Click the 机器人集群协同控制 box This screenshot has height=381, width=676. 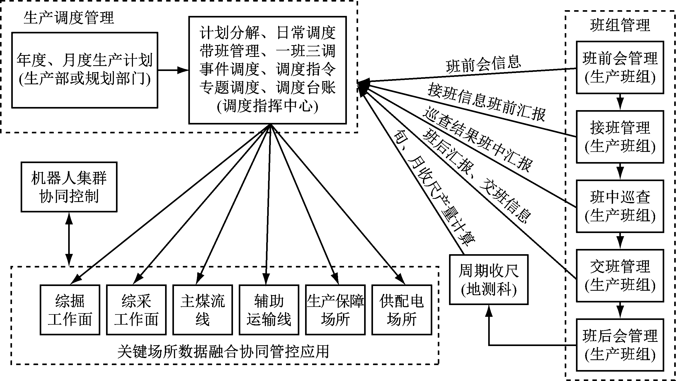(x=69, y=187)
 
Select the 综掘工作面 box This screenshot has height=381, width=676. (x=70, y=310)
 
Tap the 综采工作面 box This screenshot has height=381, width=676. (x=136, y=310)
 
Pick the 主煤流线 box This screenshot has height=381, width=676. (x=203, y=310)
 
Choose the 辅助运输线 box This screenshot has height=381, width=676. (x=269, y=310)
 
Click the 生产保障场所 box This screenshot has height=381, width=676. (x=335, y=310)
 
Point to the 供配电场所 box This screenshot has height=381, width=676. (x=402, y=310)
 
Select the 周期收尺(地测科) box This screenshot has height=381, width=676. (x=489, y=279)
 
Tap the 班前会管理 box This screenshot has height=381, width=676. (x=620, y=67)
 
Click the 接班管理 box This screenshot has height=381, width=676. (x=620, y=137)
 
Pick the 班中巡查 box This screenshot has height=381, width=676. (x=620, y=206)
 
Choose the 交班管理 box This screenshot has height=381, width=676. (x=620, y=275)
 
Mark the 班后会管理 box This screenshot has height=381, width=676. (x=620, y=345)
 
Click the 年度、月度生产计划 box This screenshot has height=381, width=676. (x=85, y=70)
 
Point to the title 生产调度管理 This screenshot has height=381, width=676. (x=69, y=18)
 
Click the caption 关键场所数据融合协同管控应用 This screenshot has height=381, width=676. (x=223, y=352)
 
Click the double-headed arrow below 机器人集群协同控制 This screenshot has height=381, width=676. (x=69, y=239)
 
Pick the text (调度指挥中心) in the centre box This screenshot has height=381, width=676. (x=267, y=106)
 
